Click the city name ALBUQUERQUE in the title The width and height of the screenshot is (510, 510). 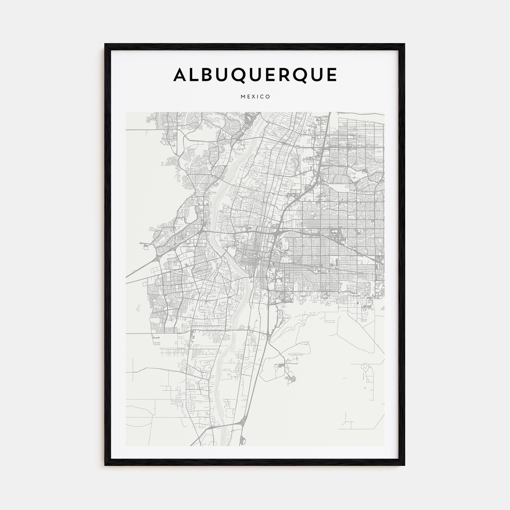255,75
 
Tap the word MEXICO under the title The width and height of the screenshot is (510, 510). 255,97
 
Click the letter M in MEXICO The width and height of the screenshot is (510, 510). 243,97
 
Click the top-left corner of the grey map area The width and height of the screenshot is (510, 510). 126,112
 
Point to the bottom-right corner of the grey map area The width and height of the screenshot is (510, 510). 384,446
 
